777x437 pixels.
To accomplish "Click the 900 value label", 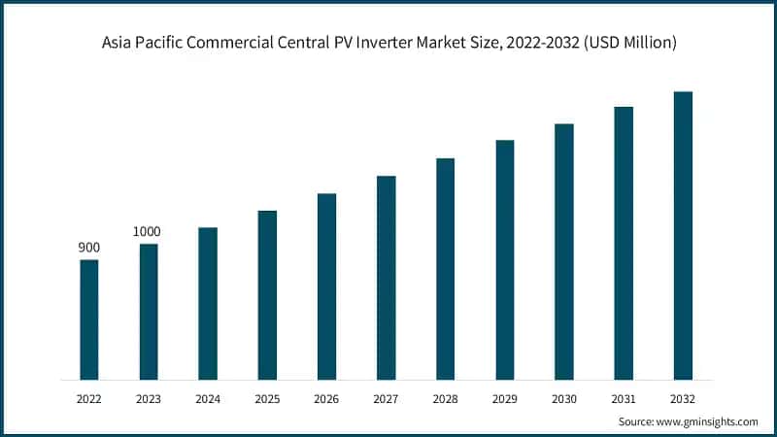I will pyautogui.click(x=89, y=248).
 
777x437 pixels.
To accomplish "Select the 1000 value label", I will pyautogui.click(x=148, y=231).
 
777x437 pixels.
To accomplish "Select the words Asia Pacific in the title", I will pyautogui.click(x=144, y=43).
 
